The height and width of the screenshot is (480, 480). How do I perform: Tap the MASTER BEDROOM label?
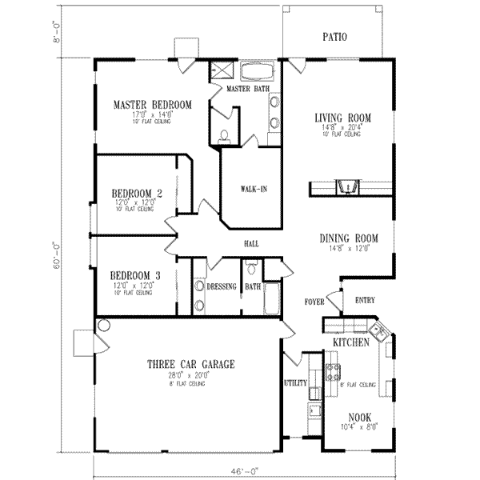(152, 105)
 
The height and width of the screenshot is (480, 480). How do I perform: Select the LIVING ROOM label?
(342, 118)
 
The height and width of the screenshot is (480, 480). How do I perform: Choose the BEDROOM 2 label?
(137, 193)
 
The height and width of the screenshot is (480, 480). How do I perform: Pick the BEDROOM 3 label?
(136, 276)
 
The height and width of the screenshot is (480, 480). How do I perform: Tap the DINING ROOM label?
(348, 238)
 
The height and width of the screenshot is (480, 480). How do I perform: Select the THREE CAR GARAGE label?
(190, 365)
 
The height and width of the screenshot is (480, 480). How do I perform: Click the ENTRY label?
(364, 300)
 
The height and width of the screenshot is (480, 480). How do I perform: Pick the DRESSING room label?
(220, 286)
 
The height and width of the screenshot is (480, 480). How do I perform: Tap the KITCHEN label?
(350, 342)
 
